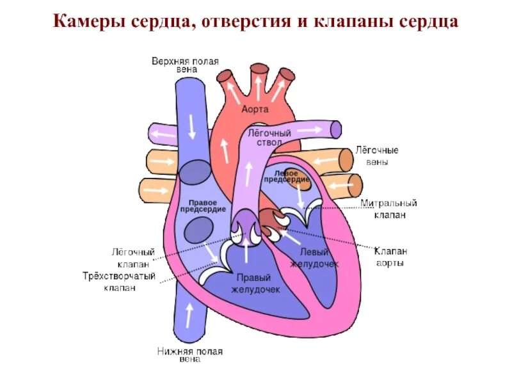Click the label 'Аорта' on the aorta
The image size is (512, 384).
(x=255, y=109)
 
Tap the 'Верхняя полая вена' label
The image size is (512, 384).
(x=185, y=65)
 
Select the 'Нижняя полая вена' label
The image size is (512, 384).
(x=189, y=355)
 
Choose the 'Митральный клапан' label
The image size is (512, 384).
(x=388, y=209)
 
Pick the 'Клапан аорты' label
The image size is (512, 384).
(x=390, y=257)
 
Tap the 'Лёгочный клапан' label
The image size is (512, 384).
(x=133, y=259)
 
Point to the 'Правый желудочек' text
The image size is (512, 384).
(x=255, y=284)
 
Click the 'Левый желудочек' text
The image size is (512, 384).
(x=313, y=259)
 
